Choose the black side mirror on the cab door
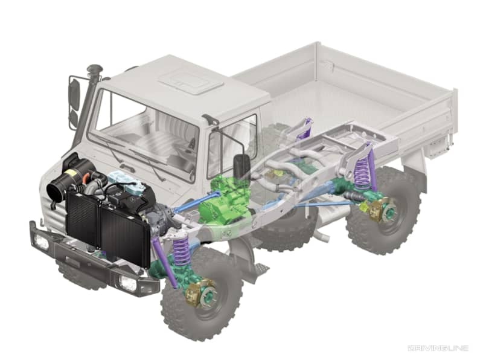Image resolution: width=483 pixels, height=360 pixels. tap(242, 166)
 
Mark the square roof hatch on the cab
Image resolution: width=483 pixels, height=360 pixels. tap(186, 79)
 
